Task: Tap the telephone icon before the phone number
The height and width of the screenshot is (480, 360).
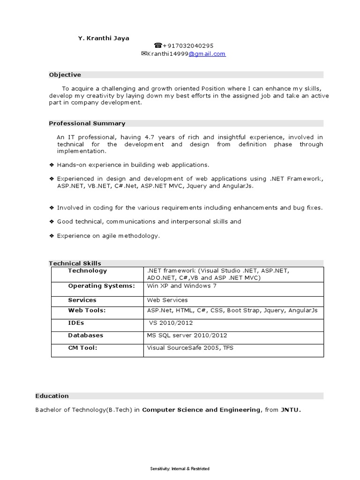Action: coord(158,46)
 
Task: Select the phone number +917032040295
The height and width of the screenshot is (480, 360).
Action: coord(188,46)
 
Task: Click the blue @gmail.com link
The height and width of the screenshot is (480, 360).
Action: coord(207,54)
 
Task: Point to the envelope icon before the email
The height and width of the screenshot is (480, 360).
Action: coord(144,54)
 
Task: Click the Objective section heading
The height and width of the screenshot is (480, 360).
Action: coord(65,75)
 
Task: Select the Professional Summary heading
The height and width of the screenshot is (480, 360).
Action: coord(87,123)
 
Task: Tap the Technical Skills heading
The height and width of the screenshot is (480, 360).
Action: coord(75,263)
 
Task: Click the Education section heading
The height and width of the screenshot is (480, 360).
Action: coord(52,396)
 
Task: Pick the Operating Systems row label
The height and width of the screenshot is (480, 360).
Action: coord(101,285)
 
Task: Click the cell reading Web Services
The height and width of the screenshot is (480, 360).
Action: coord(167,300)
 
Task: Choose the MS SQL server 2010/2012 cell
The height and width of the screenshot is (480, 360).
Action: coord(187,335)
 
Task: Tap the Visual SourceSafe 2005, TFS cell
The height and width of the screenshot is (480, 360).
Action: coord(190,348)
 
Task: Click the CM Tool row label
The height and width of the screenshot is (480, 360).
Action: coord(82,348)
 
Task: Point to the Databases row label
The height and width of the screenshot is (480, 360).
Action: coord(86,335)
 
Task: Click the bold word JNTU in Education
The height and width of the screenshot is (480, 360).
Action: coord(290,410)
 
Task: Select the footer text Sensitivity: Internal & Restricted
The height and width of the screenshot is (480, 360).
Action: coord(180,469)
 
